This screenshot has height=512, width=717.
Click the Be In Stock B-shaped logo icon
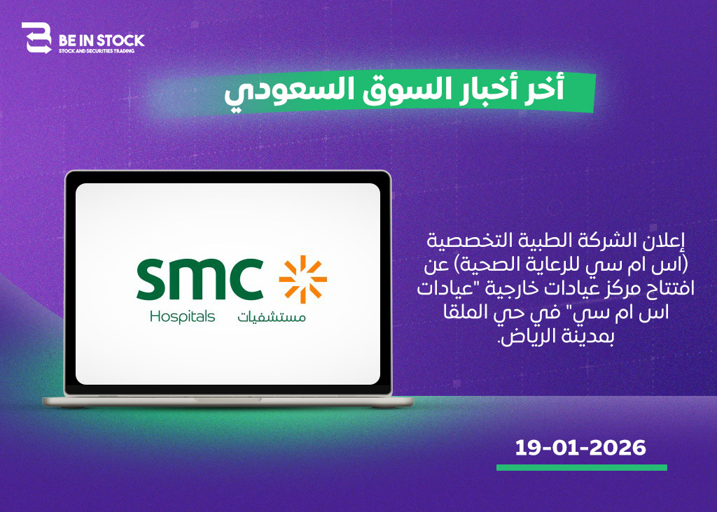tap(36, 38)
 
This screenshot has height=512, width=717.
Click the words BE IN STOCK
tap(102, 40)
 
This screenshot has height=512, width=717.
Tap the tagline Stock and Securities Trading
tap(97, 51)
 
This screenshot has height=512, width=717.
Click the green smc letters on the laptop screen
tap(200, 278)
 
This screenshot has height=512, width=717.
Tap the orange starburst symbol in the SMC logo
tap(302, 279)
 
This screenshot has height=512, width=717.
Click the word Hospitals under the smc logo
tap(182, 317)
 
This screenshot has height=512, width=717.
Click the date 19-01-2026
tap(580, 448)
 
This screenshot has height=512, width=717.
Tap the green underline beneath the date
tap(582, 468)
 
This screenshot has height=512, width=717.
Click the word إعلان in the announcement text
tap(662, 241)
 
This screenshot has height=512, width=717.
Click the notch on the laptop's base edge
tap(228, 399)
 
